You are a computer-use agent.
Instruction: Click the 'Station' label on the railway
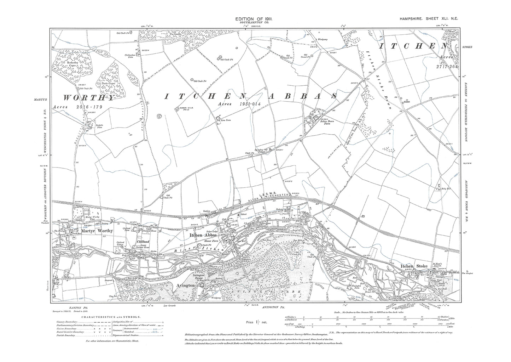[207, 211]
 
